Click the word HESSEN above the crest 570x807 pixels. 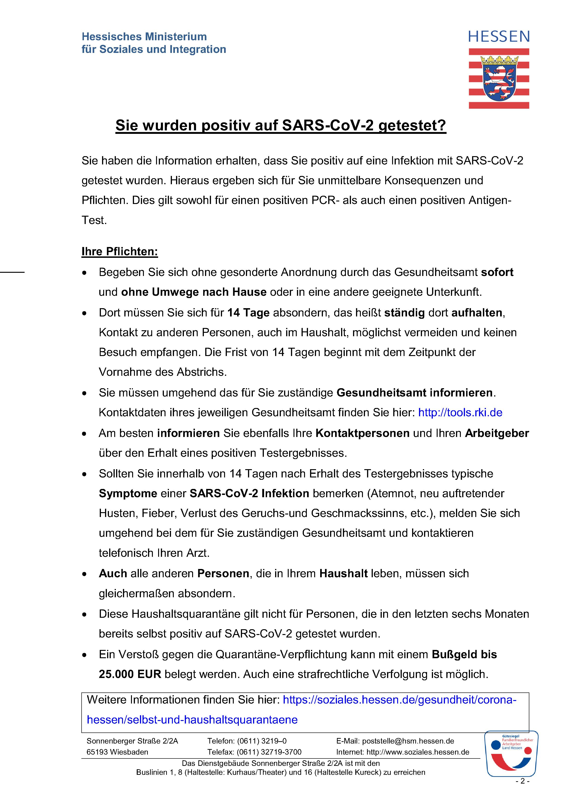coord(499,37)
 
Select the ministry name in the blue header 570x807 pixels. coord(154,43)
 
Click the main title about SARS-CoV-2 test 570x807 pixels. coord(281,126)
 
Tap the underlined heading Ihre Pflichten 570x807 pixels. coord(120,252)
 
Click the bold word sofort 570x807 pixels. coord(497,272)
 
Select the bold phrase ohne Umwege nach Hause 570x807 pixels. coord(194,292)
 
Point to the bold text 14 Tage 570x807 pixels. coord(248,313)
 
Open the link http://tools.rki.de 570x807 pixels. coord(460,412)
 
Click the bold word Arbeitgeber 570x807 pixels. coord(497,433)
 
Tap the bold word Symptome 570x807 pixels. coord(128,494)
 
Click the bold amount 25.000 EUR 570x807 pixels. coord(130,674)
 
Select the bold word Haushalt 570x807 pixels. coord(343,574)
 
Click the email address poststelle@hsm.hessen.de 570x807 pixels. coord(408,741)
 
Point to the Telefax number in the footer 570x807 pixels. coord(269,752)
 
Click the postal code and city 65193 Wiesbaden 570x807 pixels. coord(117,752)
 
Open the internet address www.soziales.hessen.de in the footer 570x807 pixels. coord(418,752)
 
